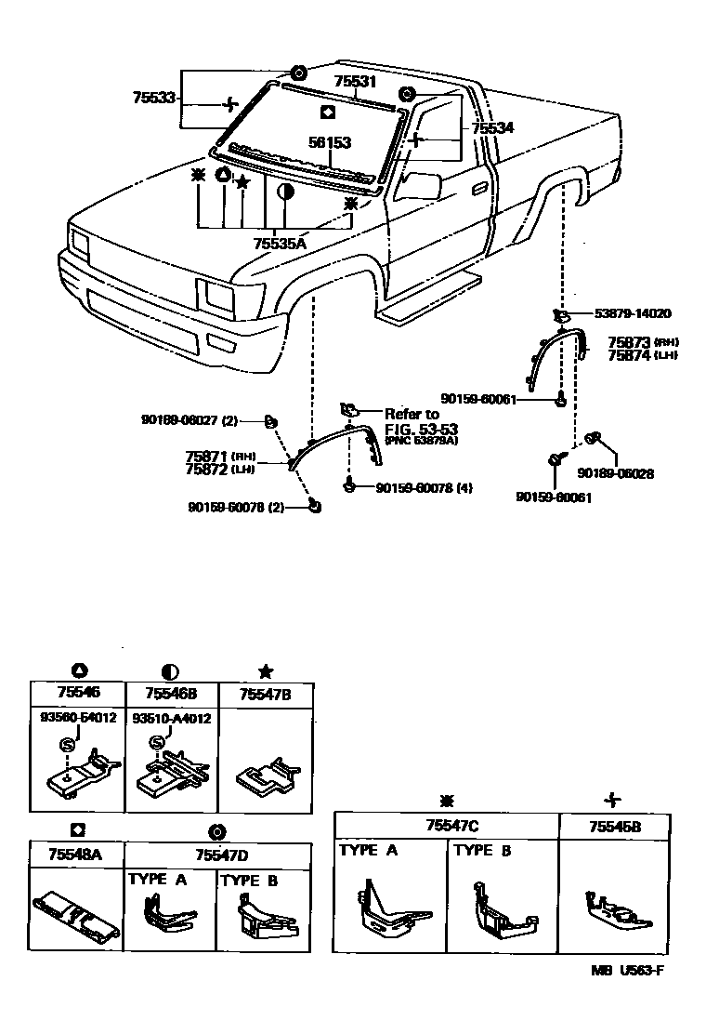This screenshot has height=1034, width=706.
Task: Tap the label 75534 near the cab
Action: (x=491, y=128)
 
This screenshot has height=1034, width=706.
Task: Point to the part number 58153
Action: (x=330, y=143)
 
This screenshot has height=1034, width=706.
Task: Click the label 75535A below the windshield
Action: (x=279, y=243)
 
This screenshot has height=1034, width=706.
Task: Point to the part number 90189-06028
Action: (x=615, y=472)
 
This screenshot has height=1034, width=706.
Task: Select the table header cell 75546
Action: (x=78, y=694)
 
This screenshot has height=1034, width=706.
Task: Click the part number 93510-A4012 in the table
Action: (x=171, y=719)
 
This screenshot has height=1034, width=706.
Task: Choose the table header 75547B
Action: (x=265, y=694)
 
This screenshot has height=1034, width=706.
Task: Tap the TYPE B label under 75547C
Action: (x=481, y=850)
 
